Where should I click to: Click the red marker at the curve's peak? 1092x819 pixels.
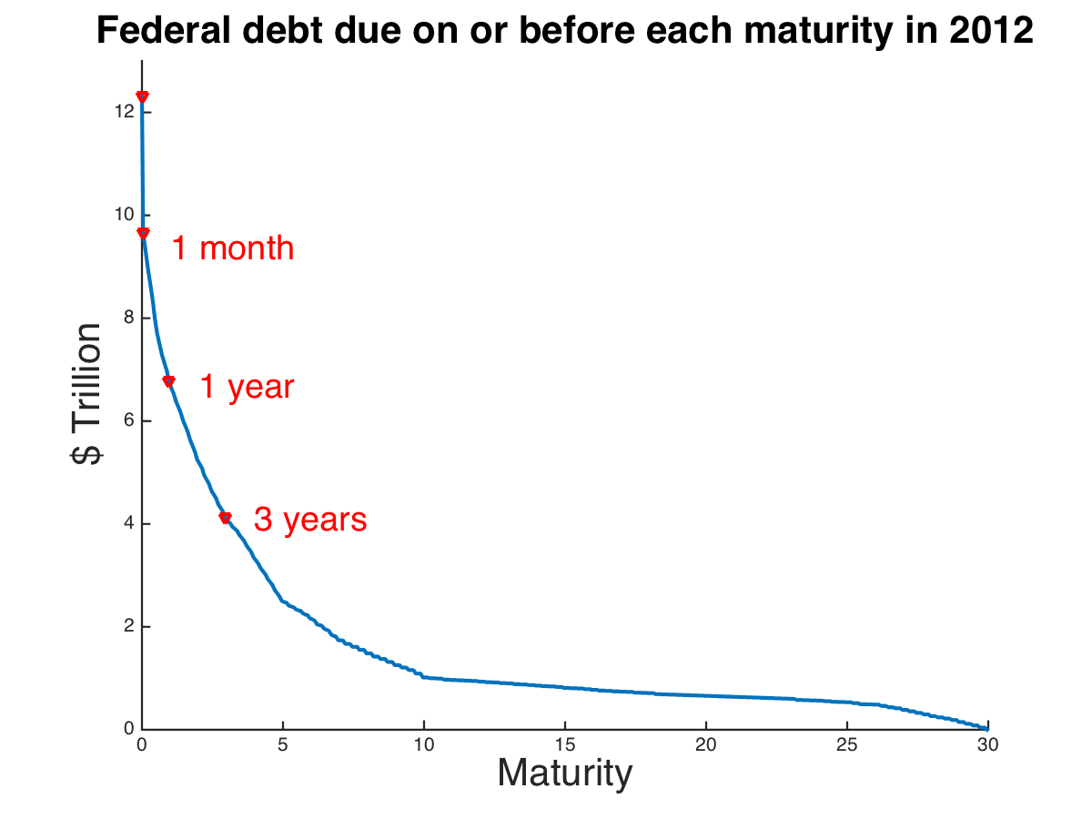(x=142, y=96)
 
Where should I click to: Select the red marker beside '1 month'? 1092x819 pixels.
(x=143, y=233)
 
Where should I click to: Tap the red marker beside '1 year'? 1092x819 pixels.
(x=168, y=381)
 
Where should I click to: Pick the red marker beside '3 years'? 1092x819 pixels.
(x=225, y=518)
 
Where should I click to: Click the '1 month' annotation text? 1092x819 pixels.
(x=233, y=248)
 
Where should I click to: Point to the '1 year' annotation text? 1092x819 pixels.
(x=247, y=388)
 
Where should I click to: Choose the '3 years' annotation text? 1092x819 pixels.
(x=310, y=521)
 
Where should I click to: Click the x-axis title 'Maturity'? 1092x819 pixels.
(x=564, y=773)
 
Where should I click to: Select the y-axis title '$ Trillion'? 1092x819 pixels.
(x=87, y=393)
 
